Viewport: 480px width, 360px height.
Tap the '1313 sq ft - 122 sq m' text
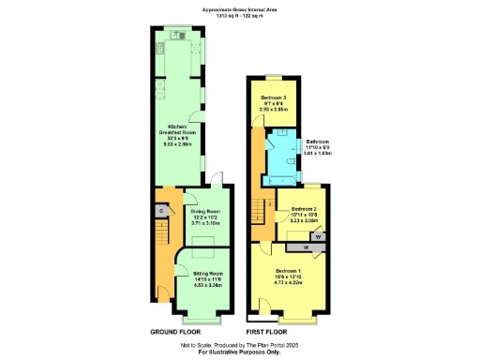[x=239, y=16]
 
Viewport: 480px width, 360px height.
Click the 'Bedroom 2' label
[x=303, y=209]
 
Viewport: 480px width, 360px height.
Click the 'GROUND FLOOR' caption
[x=177, y=332]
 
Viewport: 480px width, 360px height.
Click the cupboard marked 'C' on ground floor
[x=161, y=211]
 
